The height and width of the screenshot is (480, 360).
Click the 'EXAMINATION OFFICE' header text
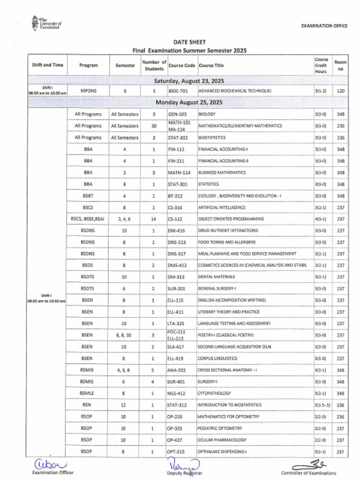coord(324,26)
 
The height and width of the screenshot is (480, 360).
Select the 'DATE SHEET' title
coord(189,42)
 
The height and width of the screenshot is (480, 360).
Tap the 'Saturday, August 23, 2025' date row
coord(189,80)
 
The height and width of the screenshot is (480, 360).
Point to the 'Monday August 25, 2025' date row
coord(189,102)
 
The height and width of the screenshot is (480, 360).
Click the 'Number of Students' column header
coord(154,65)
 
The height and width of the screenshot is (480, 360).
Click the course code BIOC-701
coord(178,91)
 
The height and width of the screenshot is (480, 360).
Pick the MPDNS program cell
coord(89,91)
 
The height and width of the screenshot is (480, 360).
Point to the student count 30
coord(154,126)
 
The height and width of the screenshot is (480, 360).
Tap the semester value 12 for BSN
coord(125,405)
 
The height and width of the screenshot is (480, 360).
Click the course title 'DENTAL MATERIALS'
coord(217,277)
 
